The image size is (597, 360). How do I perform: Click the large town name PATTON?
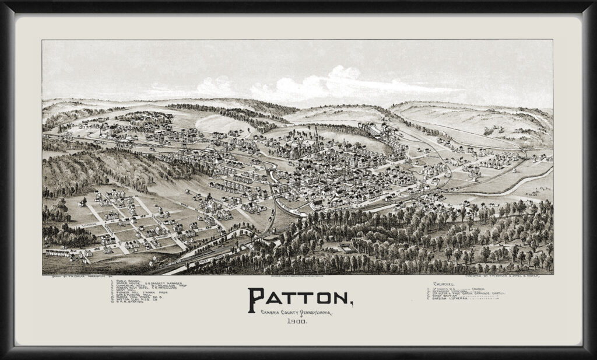click(298, 299)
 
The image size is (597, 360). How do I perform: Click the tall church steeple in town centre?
click(316, 137)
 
